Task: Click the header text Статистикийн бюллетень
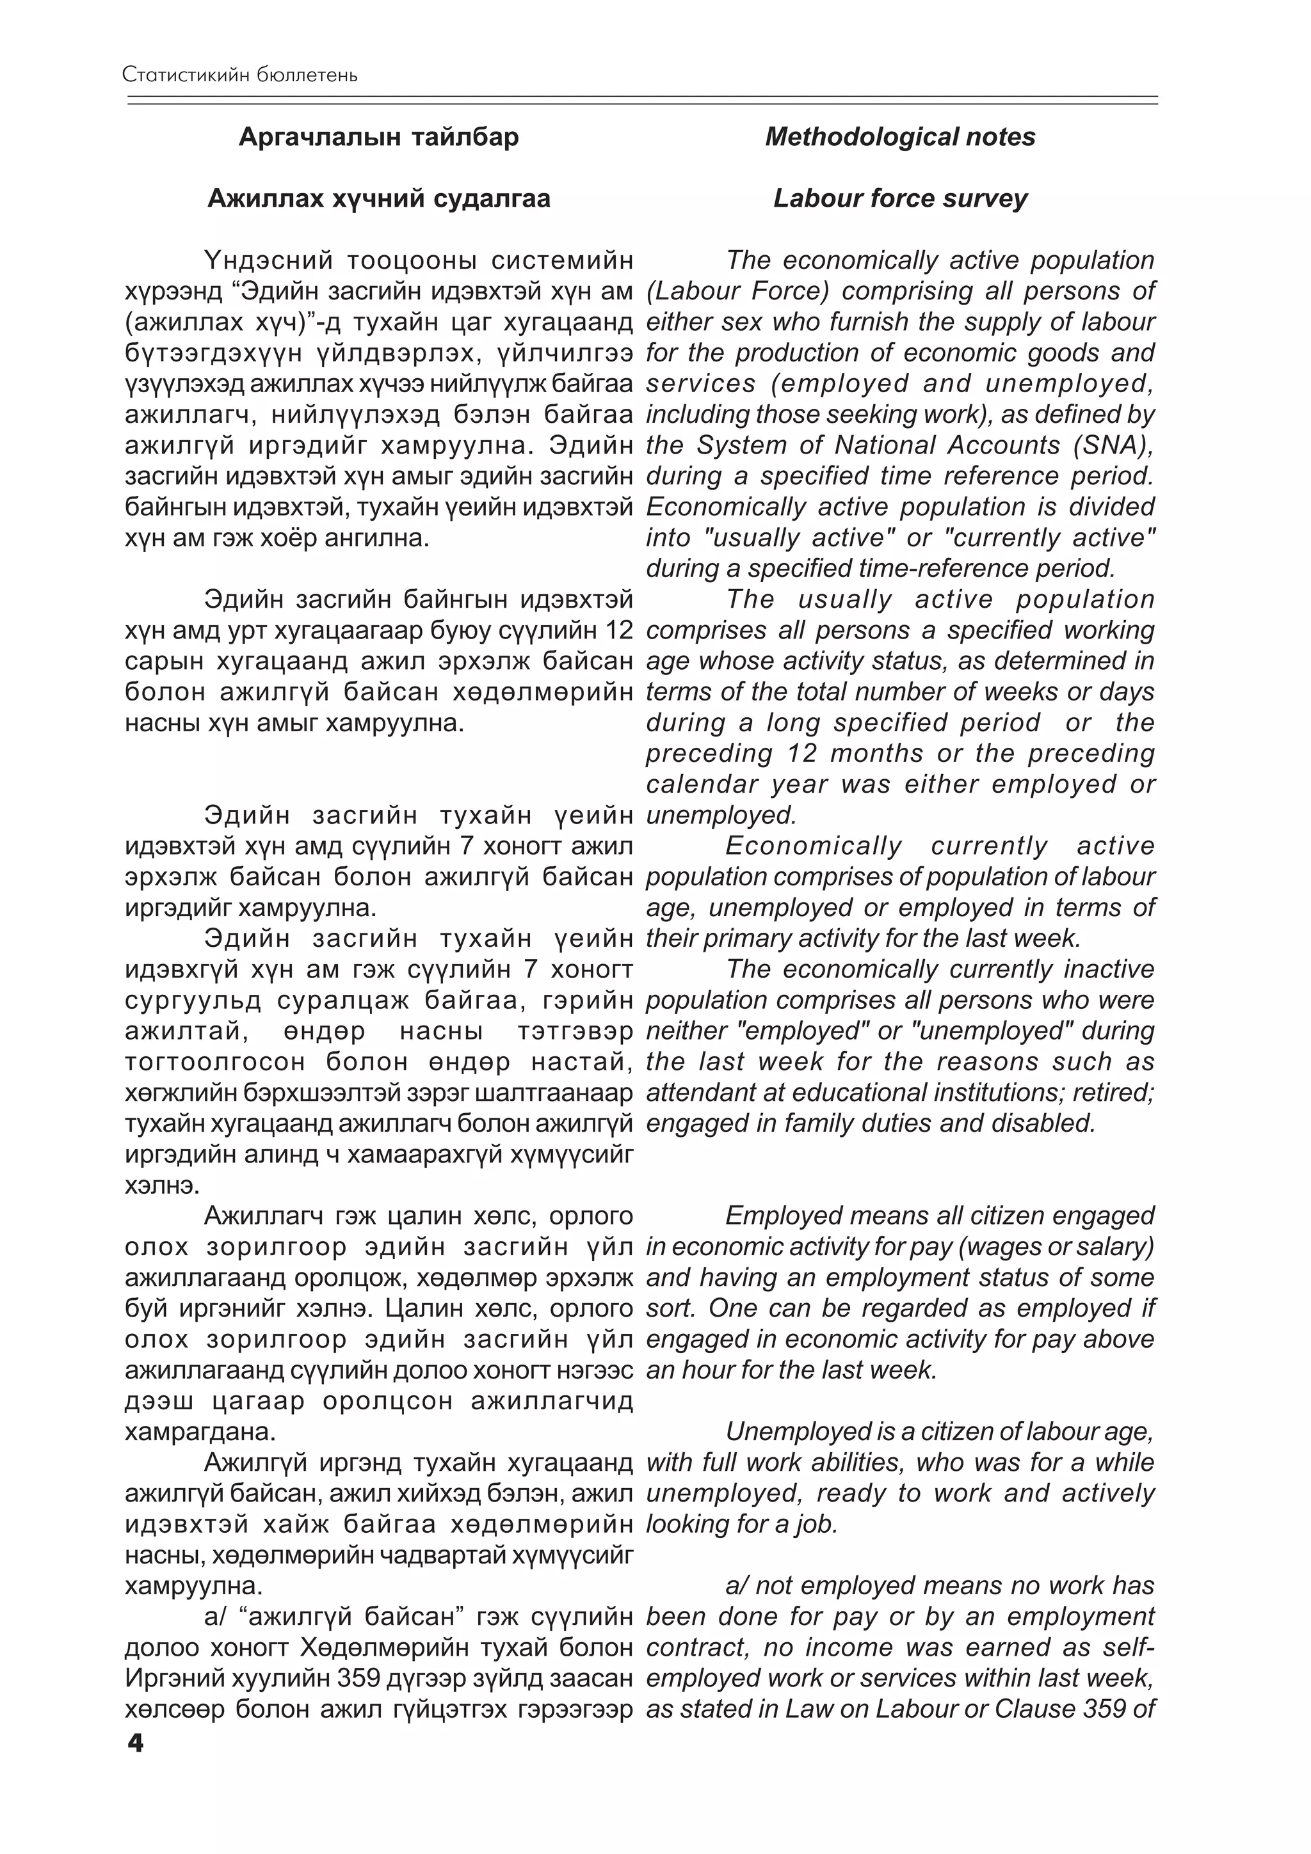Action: pyautogui.click(x=240, y=75)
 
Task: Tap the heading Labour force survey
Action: pyautogui.click(x=900, y=198)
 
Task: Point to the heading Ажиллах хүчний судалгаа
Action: pyautogui.click(x=379, y=198)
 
